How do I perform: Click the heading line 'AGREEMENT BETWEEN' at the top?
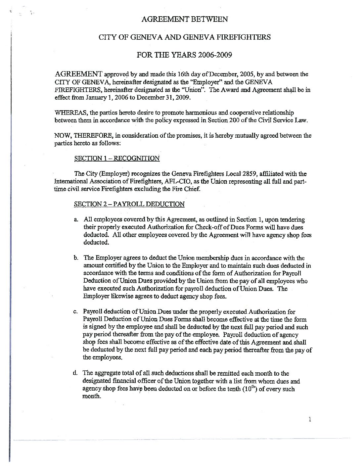[185, 19]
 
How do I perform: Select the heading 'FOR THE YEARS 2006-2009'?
[184, 55]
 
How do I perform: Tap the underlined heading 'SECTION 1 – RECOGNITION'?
[117, 158]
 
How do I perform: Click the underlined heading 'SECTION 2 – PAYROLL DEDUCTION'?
[129, 204]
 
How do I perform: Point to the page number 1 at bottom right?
[310, 420]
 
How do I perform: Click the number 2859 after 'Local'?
[252, 174]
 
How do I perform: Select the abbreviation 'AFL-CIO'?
[179, 181]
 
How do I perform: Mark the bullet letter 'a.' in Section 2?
[77, 219]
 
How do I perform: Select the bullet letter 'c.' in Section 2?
[76, 312]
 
